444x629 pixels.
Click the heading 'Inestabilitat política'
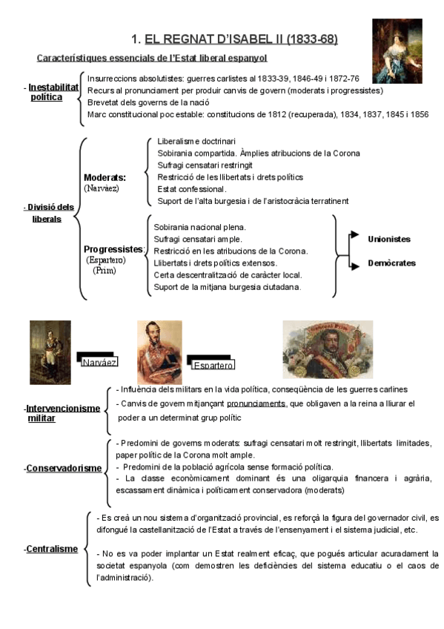[x=52, y=92]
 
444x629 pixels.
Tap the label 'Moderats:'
[x=105, y=178]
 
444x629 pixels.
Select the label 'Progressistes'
[x=113, y=249]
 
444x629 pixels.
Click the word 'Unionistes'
[x=388, y=239]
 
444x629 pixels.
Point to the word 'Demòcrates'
[x=391, y=263]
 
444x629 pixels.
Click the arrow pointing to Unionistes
[x=353, y=235]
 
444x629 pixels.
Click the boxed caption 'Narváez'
[x=99, y=362]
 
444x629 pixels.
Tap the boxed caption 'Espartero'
[x=213, y=365]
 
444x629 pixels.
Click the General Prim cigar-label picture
[x=328, y=349]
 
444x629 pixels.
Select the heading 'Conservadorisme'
[x=64, y=468]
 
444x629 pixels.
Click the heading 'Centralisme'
[x=52, y=549]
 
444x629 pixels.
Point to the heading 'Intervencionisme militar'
[x=62, y=413]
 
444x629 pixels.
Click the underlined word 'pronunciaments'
[x=256, y=404]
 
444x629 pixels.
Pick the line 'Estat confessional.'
[x=192, y=189]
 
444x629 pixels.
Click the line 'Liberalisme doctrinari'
[x=196, y=141]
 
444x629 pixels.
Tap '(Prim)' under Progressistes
[x=105, y=271]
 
